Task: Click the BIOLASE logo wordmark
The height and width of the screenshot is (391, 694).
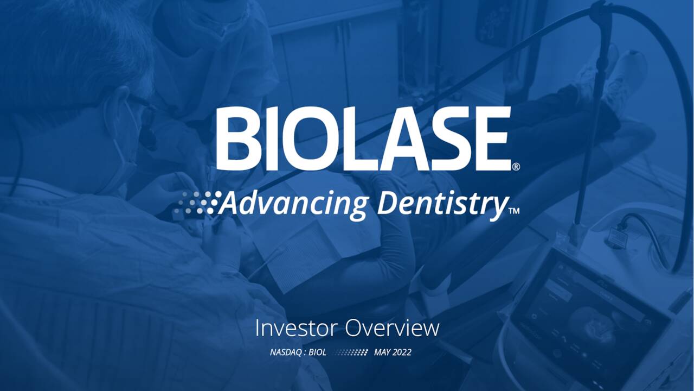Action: click(363, 139)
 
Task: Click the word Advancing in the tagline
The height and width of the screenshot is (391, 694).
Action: click(293, 204)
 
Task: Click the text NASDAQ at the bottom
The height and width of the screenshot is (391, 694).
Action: click(286, 352)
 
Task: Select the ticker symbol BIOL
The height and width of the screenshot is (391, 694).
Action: click(317, 352)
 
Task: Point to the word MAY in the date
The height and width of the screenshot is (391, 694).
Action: click(383, 352)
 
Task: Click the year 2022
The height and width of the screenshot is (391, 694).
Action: click(402, 352)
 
